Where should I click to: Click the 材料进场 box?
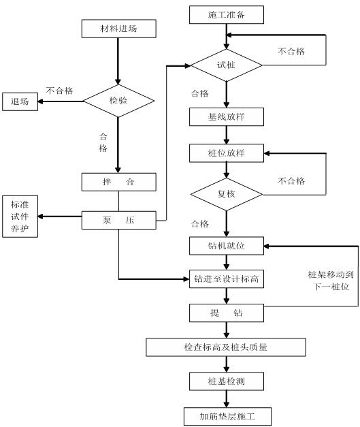(x=118, y=29)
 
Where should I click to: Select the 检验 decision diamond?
(x=118, y=101)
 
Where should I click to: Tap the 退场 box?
(x=20, y=101)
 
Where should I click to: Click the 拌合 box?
(x=118, y=183)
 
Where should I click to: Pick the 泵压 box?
(x=118, y=220)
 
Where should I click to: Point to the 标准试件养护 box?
(x=20, y=217)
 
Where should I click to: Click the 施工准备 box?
(x=226, y=14)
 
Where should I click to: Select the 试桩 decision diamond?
(x=226, y=65)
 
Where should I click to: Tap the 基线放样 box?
(x=226, y=116)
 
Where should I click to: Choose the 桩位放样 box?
(x=226, y=153)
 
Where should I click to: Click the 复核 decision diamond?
(x=226, y=193)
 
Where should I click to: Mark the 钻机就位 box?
(x=226, y=244)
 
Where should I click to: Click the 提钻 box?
(x=226, y=313)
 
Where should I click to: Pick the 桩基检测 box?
(x=226, y=381)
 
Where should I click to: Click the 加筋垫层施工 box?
(x=226, y=415)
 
